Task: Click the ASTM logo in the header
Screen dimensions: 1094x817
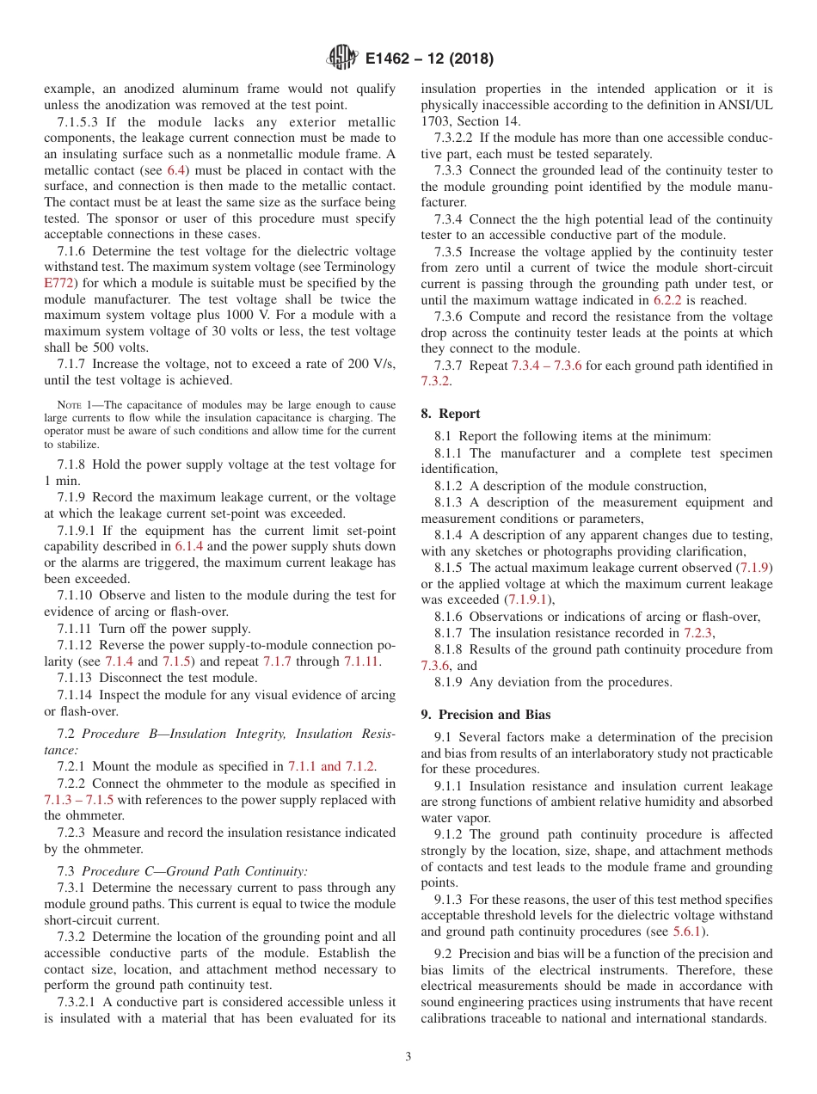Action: (342, 58)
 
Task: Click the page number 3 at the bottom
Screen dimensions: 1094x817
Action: (408, 1056)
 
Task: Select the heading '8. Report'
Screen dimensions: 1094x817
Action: (451, 414)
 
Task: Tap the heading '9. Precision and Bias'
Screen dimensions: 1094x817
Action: (486, 715)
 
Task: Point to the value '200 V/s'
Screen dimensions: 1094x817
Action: (372, 364)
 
